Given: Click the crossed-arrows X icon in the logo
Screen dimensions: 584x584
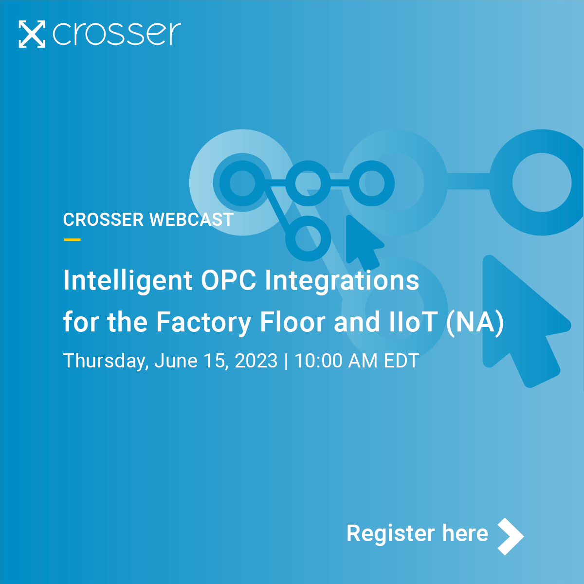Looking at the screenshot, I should (x=32, y=34).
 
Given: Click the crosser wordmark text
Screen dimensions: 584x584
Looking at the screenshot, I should (x=117, y=34).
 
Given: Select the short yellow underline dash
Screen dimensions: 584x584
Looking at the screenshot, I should (x=72, y=239).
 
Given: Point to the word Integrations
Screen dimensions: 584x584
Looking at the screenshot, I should (x=342, y=281).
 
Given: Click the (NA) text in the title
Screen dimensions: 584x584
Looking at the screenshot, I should (x=474, y=323).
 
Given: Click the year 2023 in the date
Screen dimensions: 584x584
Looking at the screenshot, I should (x=256, y=361).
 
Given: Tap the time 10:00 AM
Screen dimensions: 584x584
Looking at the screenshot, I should (x=336, y=361).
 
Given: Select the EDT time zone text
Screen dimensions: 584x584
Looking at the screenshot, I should (x=401, y=361).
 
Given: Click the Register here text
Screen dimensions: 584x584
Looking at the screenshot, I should (x=417, y=533).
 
